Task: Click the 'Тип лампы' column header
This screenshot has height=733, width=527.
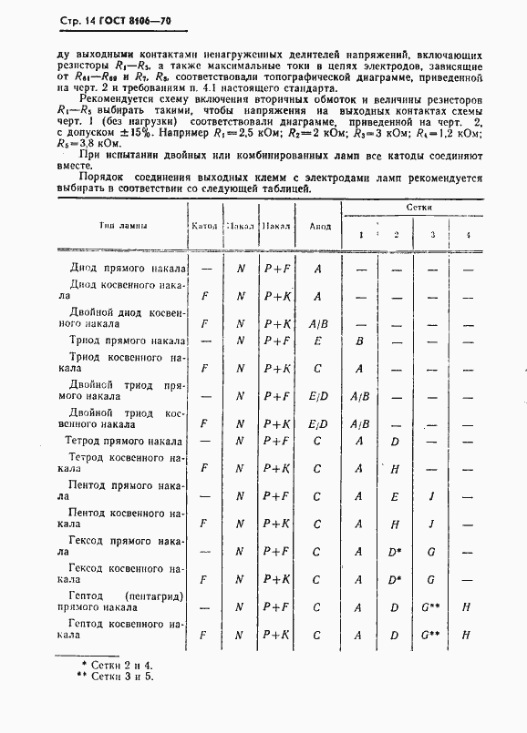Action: point(124,225)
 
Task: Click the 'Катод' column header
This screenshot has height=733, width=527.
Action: point(203,225)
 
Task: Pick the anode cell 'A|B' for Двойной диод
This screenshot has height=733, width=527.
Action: point(318,323)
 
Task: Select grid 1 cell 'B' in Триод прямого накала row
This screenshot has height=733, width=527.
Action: point(360,341)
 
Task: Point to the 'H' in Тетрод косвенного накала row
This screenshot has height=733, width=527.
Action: point(395,469)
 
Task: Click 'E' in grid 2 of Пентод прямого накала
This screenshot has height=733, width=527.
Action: point(395,496)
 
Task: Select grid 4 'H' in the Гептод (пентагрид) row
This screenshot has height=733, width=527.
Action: point(466,606)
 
